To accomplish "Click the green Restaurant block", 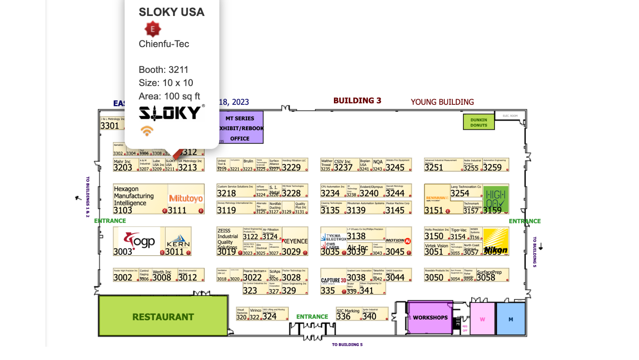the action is (x=163, y=316).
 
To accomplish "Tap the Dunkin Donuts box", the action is (x=478, y=122).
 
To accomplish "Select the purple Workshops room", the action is (x=430, y=317).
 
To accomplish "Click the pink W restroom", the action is (x=482, y=319).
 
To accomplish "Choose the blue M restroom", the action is (x=510, y=319).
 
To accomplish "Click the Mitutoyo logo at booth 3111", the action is (x=186, y=199).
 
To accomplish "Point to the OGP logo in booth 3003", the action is (x=139, y=241).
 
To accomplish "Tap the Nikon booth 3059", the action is (x=496, y=242).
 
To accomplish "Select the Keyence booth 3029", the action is (x=295, y=242).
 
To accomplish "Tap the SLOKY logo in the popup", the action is (x=170, y=113).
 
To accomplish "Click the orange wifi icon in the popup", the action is (x=147, y=131).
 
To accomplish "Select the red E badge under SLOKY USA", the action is (x=153, y=29).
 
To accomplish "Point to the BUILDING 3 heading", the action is (x=357, y=101).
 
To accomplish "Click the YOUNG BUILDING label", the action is (x=442, y=102).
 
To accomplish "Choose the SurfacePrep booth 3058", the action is (x=492, y=275).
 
